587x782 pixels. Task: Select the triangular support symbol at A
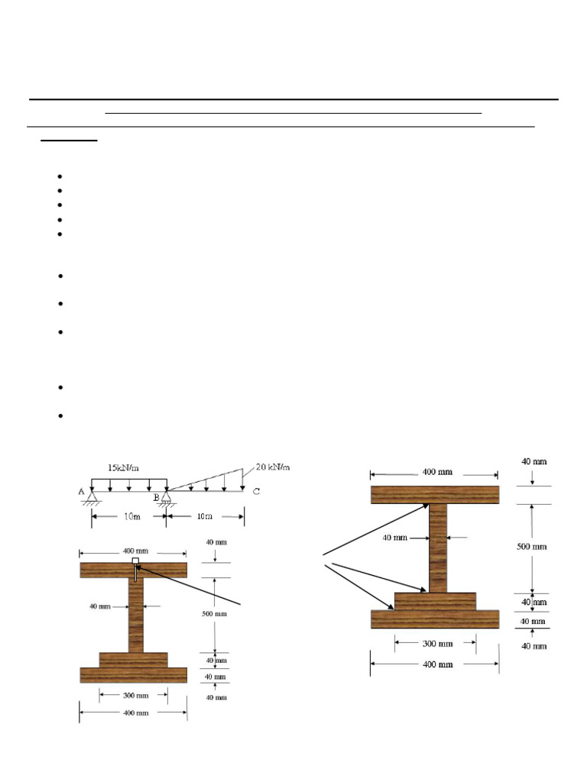[92, 497]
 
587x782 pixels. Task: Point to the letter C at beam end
[256, 492]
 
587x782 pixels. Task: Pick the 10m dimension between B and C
[204, 517]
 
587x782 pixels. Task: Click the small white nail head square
[135, 561]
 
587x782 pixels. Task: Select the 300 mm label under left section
[134, 695]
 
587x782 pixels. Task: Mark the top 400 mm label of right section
[434, 472]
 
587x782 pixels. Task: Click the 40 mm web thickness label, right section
[395, 538]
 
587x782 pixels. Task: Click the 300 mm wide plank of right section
[435, 601]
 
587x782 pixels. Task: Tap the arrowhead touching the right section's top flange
[426, 505]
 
